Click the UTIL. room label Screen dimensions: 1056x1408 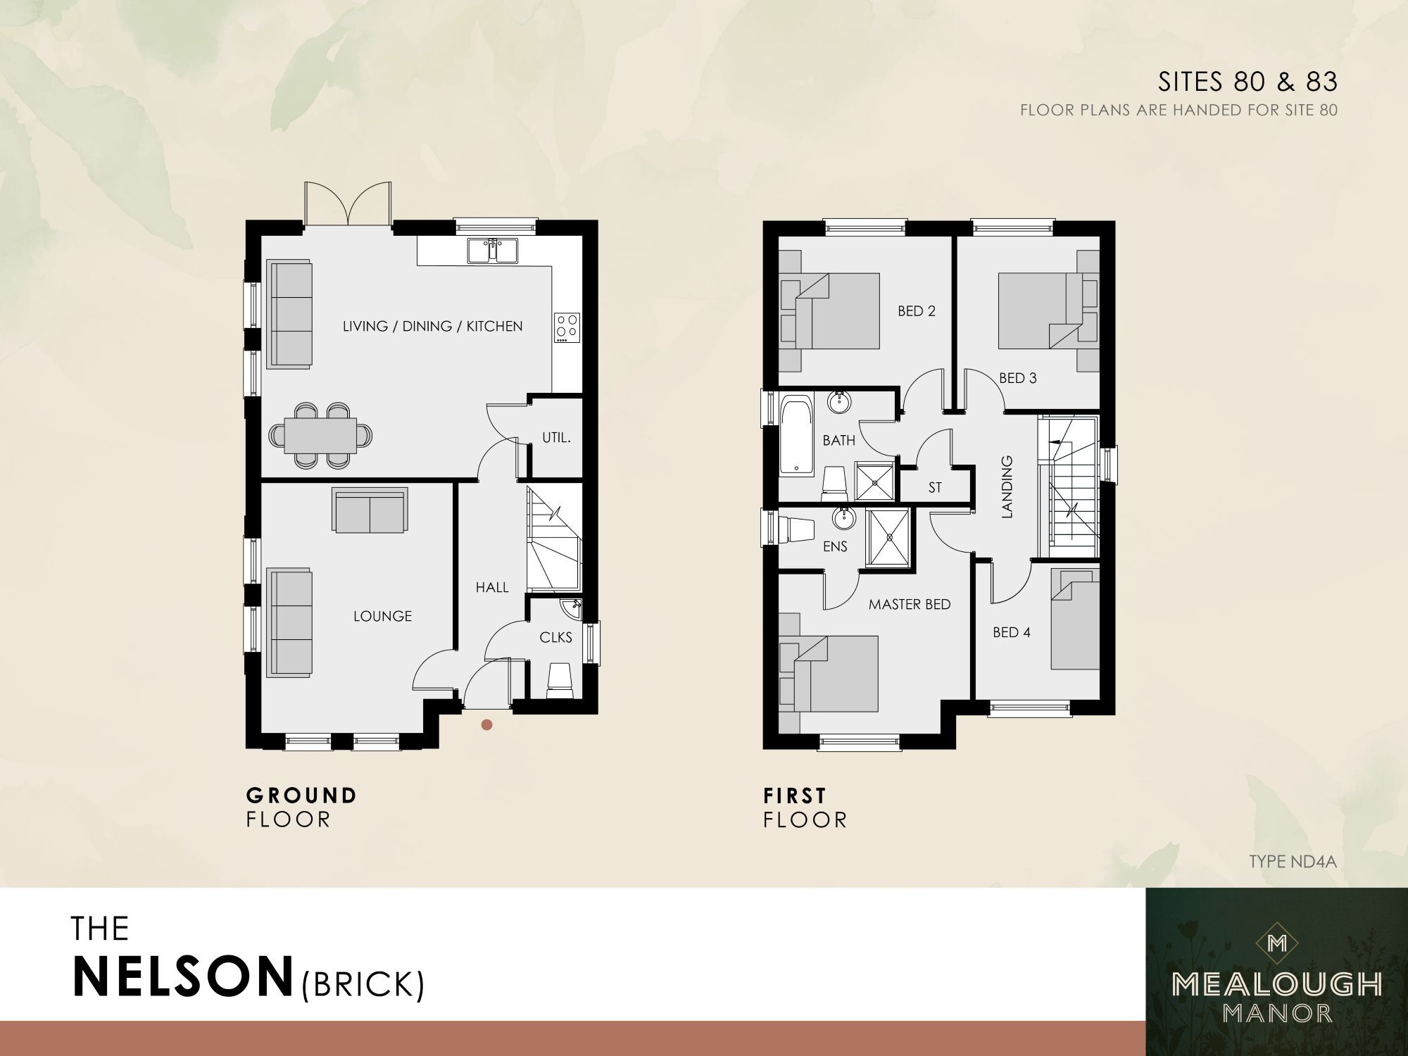[556, 438]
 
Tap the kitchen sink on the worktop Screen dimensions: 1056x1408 [493, 251]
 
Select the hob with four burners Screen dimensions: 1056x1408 [567, 327]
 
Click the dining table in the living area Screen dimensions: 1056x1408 [320, 436]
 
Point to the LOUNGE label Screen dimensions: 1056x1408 [382, 616]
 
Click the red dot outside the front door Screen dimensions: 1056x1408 [486, 724]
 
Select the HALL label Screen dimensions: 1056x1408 [491, 587]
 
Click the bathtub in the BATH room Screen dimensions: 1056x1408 [796, 434]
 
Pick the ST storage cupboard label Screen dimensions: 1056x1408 [935, 487]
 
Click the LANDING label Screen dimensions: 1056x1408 [1007, 486]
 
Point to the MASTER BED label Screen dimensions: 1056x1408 [909, 604]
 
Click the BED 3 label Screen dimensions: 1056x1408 [1017, 378]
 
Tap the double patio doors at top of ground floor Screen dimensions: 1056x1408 [348, 204]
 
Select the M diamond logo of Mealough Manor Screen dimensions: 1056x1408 [1276, 943]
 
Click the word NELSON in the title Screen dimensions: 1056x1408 [183, 976]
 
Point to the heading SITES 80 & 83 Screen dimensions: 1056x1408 [1247, 82]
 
